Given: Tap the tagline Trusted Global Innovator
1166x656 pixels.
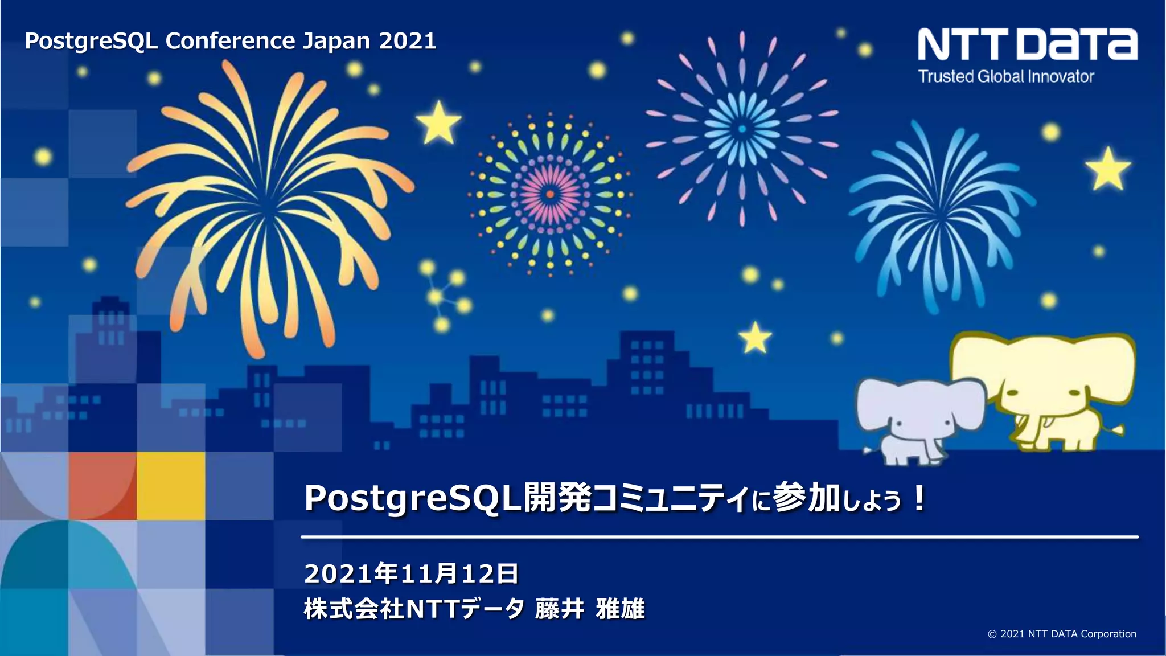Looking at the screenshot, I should click(1006, 77).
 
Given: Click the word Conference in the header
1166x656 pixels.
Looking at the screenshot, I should click(230, 41).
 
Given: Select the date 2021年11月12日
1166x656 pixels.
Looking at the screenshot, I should click(411, 573).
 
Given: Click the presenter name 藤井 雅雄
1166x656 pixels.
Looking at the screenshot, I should click(590, 609).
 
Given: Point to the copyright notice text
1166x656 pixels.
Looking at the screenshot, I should click(1062, 634).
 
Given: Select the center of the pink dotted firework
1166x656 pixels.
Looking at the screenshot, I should click(550, 194).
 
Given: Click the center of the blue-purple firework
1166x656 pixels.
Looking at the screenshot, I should click(742, 129).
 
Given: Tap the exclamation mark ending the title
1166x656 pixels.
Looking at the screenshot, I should click(918, 499).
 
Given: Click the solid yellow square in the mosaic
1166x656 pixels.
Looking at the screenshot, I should click(170, 486).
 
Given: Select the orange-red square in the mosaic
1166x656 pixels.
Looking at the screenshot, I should click(102, 486).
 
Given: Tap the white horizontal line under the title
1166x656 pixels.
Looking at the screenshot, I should click(719, 536).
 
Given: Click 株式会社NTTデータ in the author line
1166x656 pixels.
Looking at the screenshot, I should click(414, 609).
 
